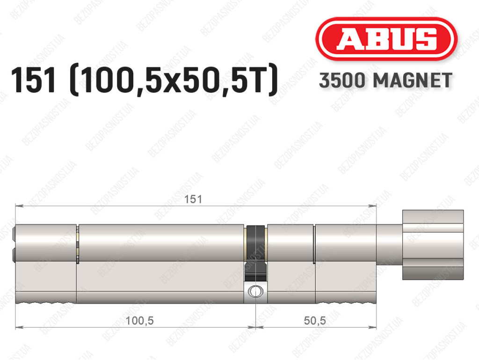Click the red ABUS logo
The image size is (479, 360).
tap(386, 39)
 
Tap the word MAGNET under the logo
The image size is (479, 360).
tap(413, 81)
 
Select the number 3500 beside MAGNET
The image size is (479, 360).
tap(342, 81)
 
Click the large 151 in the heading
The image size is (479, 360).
tap(34, 80)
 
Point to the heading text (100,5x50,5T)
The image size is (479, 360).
tap(174, 80)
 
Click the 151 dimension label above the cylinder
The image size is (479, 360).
tap(193, 199)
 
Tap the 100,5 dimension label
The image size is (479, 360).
tap(139, 321)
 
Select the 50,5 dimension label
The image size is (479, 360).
tap(315, 321)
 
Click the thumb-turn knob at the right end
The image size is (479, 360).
tap(433, 245)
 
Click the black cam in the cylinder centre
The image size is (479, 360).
tap(256, 253)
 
